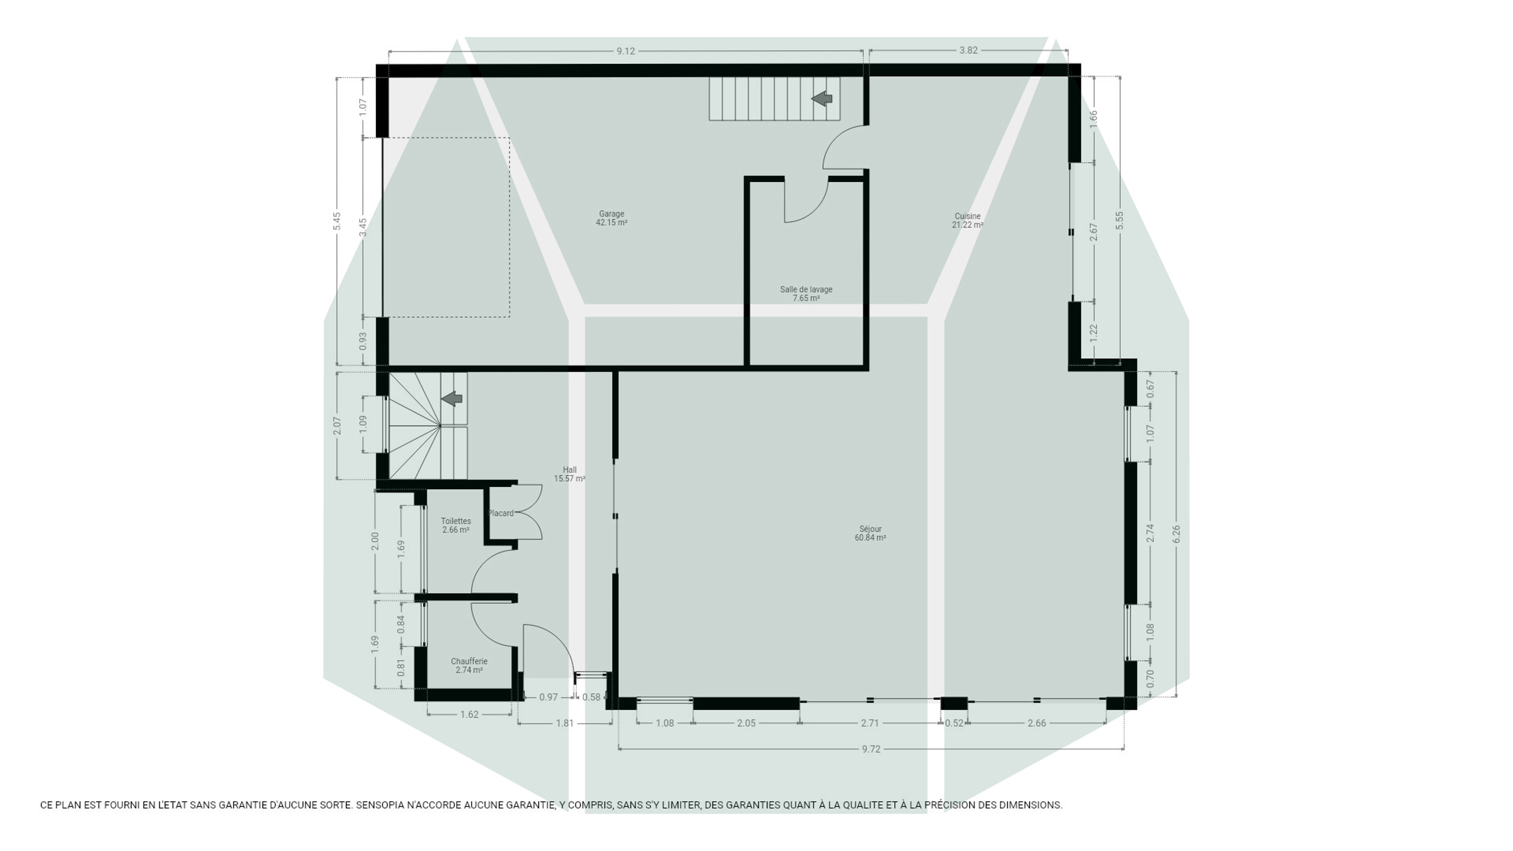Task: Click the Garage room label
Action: point(612,218)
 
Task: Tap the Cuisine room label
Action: point(967,220)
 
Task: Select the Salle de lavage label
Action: point(806,294)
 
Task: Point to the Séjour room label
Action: point(870,533)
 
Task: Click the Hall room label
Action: point(570,474)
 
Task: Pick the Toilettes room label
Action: point(456,525)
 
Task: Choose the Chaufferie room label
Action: point(469,665)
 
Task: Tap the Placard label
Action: point(501,513)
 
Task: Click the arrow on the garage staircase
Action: point(822,99)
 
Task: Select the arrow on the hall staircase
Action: point(452,398)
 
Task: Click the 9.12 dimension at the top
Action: point(626,51)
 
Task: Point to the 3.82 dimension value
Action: point(968,50)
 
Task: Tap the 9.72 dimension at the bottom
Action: point(871,749)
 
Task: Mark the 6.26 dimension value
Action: point(1176,534)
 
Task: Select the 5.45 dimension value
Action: point(337,221)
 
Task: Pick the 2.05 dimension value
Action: point(746,723)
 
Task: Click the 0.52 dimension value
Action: point(954,723)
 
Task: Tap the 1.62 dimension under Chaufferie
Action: point(469,714)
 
